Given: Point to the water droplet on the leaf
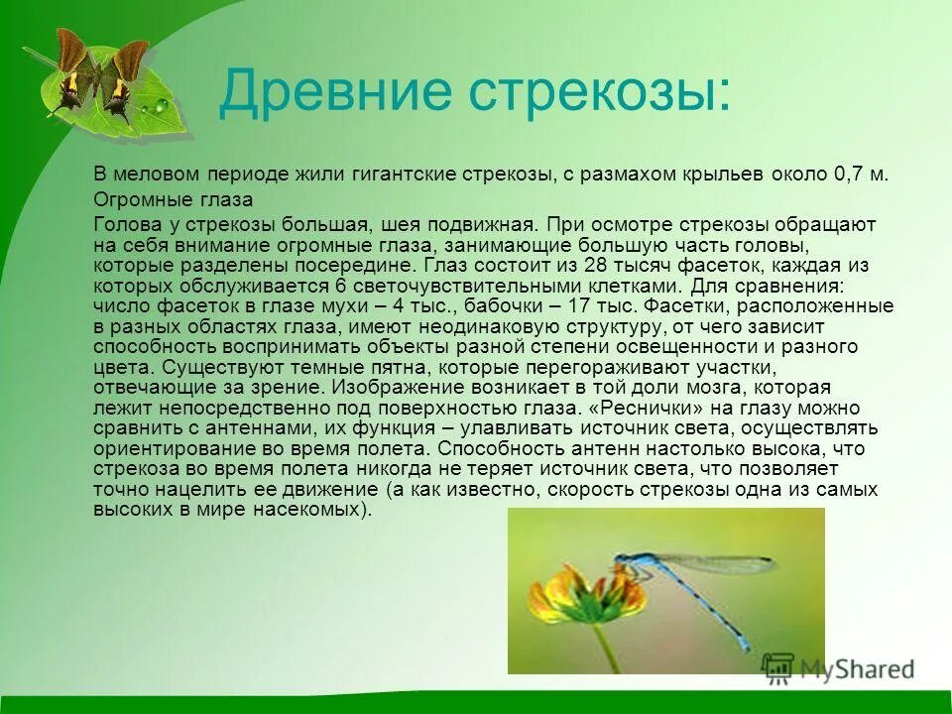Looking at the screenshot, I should tap(158, 103).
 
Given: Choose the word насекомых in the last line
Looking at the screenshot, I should tap(321, 510).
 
